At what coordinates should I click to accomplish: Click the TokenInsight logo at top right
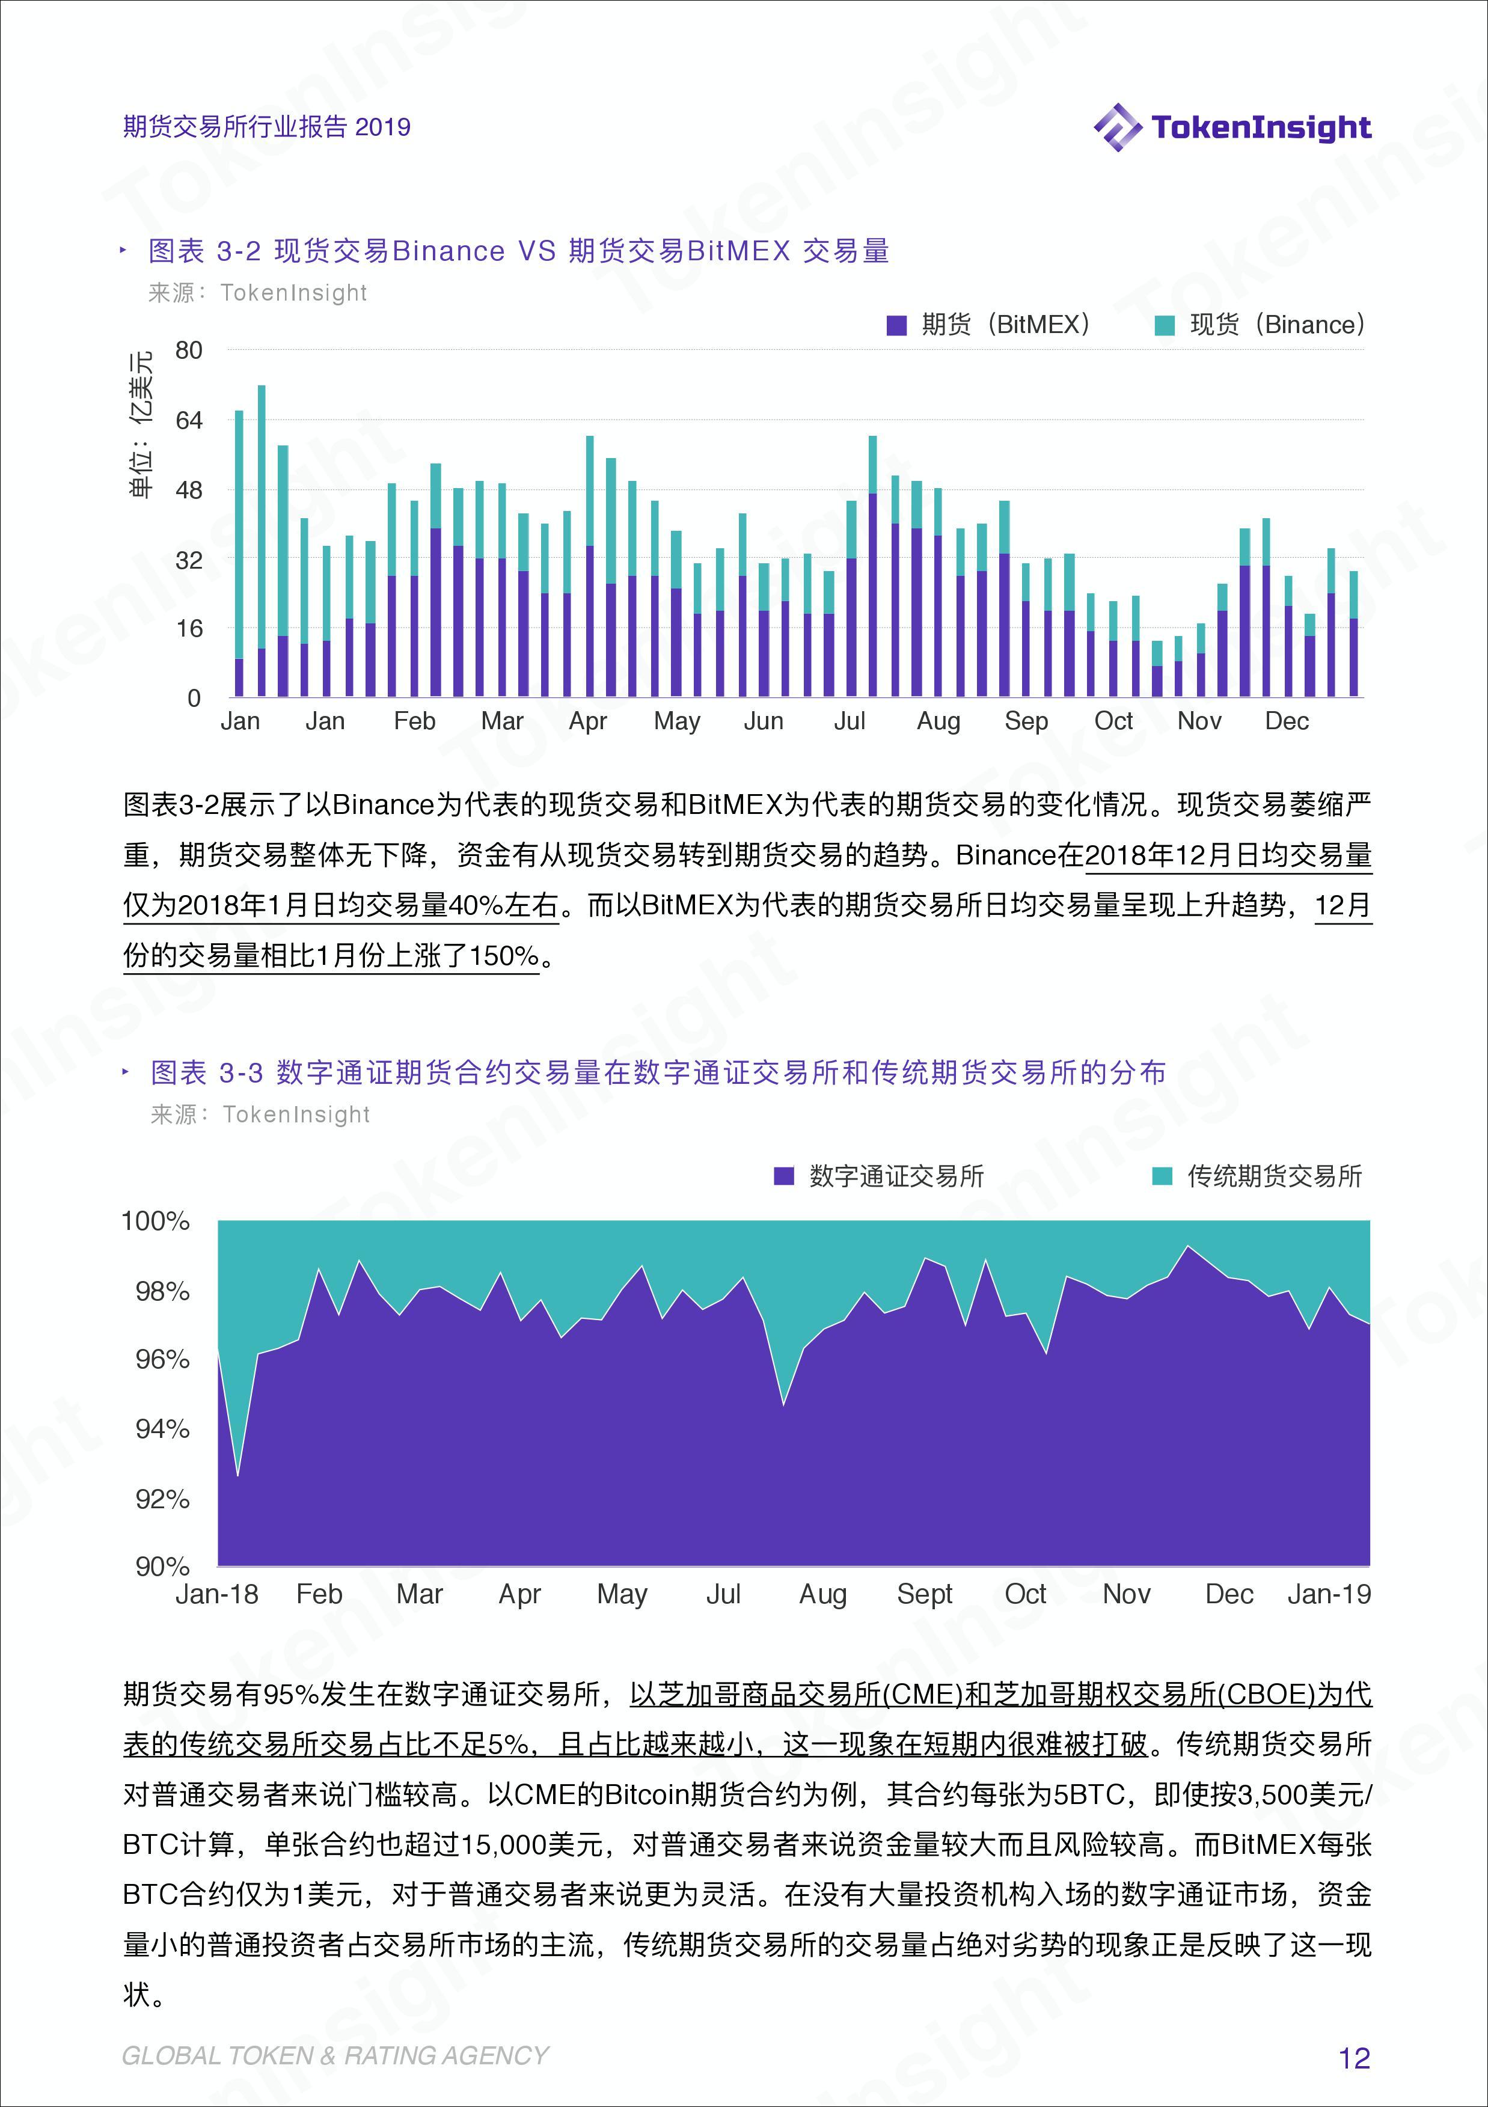point(1232,127)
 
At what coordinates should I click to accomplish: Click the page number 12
point(1354,2058)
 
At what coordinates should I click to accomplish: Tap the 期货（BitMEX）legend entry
point(988,325)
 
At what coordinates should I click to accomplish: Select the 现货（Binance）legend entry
point(1260,325)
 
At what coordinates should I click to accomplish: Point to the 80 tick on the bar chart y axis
point(189,350)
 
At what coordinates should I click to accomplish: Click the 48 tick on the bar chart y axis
point(189,490)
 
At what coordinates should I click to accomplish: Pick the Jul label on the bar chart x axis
point(849,721)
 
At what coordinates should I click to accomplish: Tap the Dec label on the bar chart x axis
point(1286,721)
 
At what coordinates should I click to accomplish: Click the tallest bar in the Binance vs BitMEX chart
point(262,542)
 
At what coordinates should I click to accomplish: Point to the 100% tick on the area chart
point(156,1222)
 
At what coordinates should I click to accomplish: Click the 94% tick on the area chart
point(162,1429)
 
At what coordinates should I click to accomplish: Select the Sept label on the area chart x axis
point(925,1594)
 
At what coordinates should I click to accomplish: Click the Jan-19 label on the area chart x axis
point(1328,1594)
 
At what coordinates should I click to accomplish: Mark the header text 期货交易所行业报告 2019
point(266,127)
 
